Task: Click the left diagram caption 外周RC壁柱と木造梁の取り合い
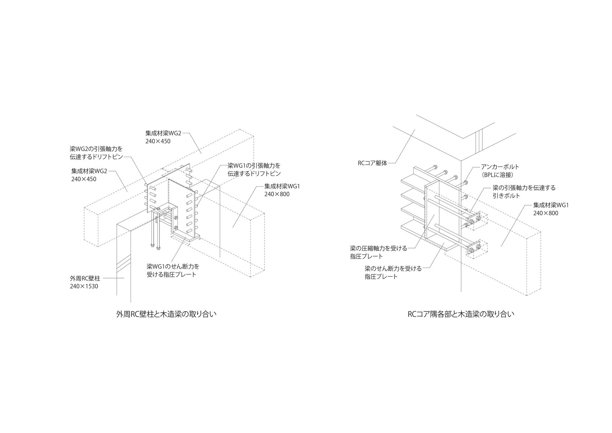point(166,314)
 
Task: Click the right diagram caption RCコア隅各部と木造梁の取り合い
point(461,314)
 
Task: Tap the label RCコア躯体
point(372,163)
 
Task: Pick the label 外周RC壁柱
point(85,279)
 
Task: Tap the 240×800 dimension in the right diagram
point(546,213)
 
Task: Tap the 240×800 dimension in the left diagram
point(277,194)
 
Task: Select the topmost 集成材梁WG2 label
point(163,133)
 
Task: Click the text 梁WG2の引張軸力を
point(96,149)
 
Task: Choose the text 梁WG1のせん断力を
point(173,266)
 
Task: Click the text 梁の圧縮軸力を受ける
point(379,248)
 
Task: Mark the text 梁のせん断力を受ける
point(393,269)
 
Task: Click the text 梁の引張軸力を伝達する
point(524,188)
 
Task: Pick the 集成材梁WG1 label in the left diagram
point(282,186)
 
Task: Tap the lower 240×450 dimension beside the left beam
point(84,179)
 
